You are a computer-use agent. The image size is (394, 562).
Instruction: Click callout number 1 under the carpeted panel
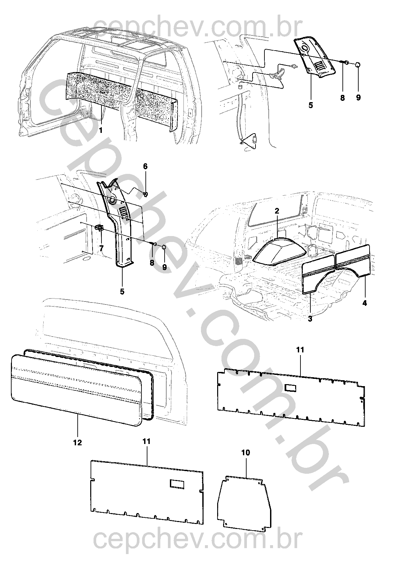tap(100, 131)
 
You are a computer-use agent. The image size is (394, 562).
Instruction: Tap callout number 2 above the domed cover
tap(277, 211)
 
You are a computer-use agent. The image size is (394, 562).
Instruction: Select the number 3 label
tap(310, 319)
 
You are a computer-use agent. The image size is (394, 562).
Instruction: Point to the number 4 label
tap(364, 303)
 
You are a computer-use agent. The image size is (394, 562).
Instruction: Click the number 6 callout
tap(145, 166)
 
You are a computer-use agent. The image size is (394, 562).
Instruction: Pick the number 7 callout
tap(101, 248)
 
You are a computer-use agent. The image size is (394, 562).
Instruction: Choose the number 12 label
tap(78, 443)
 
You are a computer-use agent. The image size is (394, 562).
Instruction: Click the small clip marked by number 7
tap(99, 228)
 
